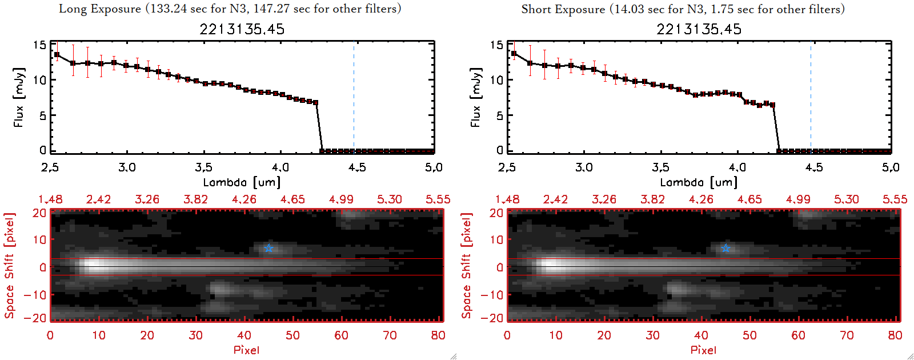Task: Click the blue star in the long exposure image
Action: [x=268, y=248]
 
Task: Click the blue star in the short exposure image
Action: [x=725, y=248]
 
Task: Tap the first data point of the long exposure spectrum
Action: [x=57, y=55]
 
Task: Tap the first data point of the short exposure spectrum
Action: [x=514, y=54]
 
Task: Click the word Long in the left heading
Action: [x=71, y=9]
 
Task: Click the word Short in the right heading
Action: [x=536, y=9]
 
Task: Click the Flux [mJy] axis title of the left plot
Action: [x=19, y=97]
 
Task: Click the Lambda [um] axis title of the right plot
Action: [x=699, y=182]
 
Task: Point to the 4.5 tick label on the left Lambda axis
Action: [x=357, y=167]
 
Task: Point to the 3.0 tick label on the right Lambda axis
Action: [x=584, y=167]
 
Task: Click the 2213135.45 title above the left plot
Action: [x=242, y=29]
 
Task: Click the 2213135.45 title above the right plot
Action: [x=699, y=29]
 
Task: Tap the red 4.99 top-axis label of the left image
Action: [x=341, y=199]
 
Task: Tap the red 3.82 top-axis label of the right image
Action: [x=652, y=199]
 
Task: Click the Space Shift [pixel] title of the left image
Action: [x=9, y=266]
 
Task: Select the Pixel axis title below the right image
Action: [x=703, y=350]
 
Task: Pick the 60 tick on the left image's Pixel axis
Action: [x=341, y=335]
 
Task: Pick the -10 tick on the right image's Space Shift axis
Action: [x=492, y=295]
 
